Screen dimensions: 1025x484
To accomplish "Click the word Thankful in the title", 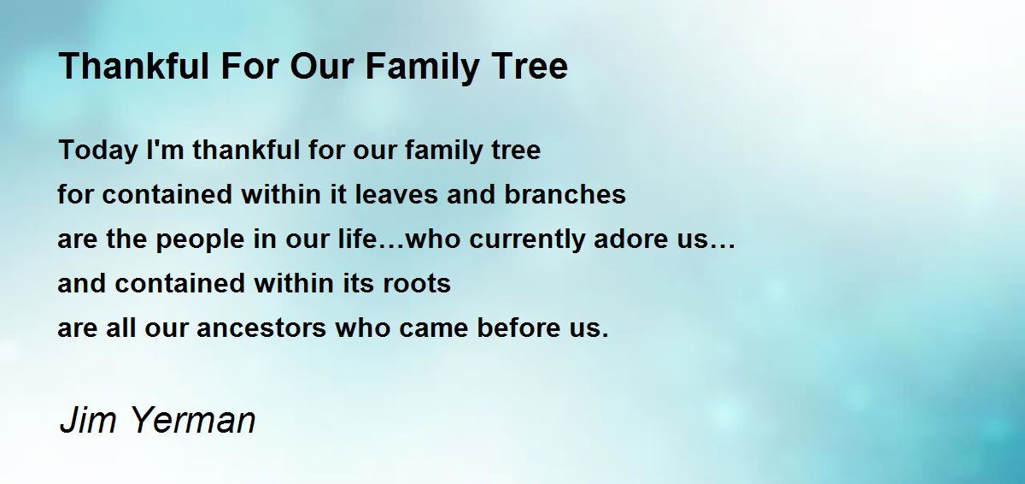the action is tap(133, 66).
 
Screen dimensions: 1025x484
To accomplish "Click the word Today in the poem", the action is tap(98, 151).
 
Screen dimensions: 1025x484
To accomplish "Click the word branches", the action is tap(565, 193).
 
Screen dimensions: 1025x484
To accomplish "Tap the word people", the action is tap(200, 240).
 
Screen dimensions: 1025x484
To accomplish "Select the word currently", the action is tap(527, 240).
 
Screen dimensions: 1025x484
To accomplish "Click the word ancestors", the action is tap(261, 328).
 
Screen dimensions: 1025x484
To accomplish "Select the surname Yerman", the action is tap(193, 419).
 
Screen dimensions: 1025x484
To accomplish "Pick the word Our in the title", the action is tap(322, 66).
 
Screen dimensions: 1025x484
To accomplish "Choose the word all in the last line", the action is tap(120, 327).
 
